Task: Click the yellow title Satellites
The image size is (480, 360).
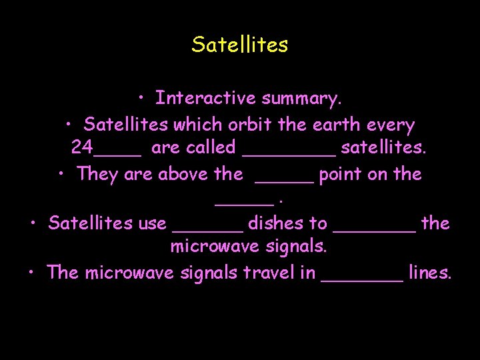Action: tap(240, 45)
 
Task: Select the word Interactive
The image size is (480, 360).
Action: tap(206, 99)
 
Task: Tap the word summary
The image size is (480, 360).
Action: tap(302, 99)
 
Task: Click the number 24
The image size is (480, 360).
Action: tap(82, 147)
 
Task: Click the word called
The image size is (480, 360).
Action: tap(211, 147)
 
